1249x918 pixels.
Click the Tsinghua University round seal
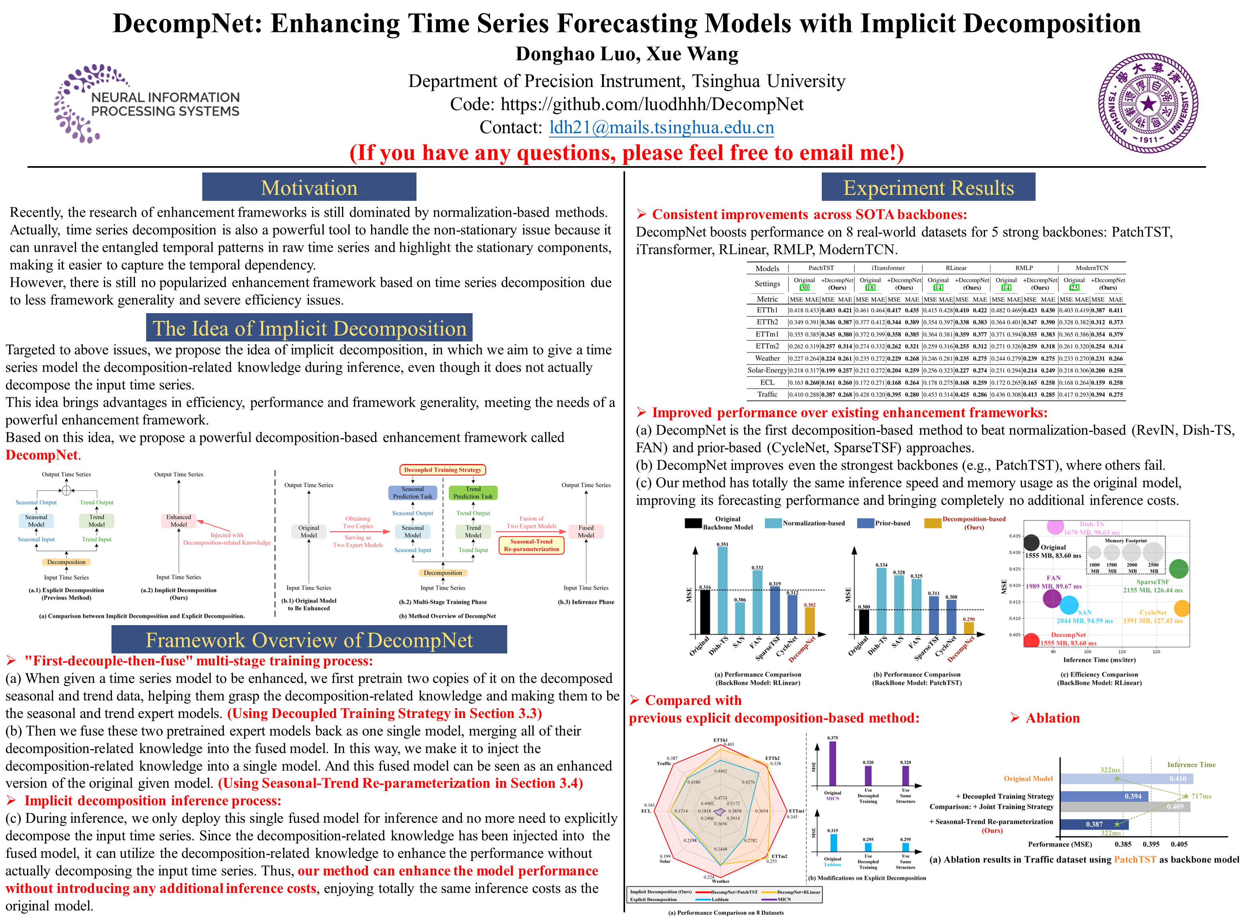click(x=1147, y=103)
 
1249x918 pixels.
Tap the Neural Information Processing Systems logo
click(x=147, y=103)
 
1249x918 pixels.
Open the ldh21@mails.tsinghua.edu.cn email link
click(x=661, y=128)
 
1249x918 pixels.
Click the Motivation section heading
click(x=309, y=188)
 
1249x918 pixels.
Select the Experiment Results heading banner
click(x=928, y=188)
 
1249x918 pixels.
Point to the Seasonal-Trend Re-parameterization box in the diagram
click(x=532, y=545)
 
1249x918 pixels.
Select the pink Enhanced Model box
click(x=178, y=521)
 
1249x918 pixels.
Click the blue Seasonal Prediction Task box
click(x=412, y=493)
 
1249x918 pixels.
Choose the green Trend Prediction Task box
click(x=473, y=493)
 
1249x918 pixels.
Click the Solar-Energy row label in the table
click(x=767, y=370)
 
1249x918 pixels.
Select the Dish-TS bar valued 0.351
click(x=723, y=590)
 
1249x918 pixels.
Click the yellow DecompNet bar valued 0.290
click(x=969, y=628)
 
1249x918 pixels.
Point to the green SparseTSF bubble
click(x=1179, y=569)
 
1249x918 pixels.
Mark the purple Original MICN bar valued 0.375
click(x=832, y=763)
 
